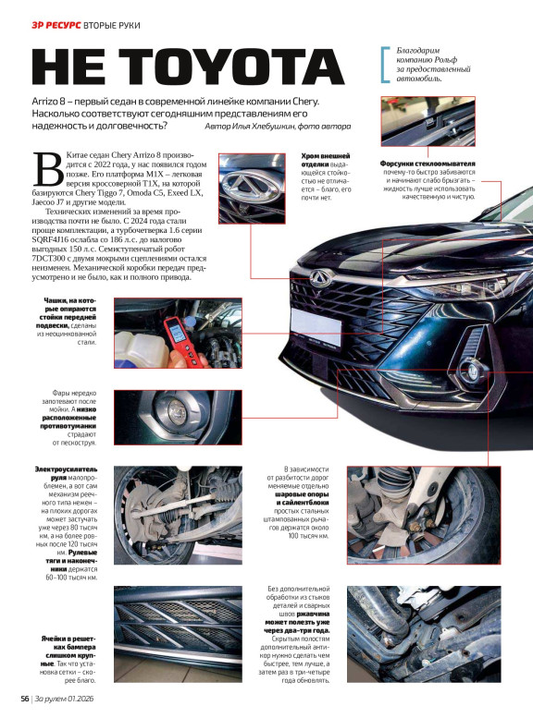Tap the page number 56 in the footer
[x=25, y=699]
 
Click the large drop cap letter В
[x=48, y=168]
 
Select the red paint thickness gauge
[x=181, y=340]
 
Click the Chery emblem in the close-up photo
[x=250, y=185]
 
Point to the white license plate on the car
[x=316, y=326]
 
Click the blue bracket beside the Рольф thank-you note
[x=385, y=64]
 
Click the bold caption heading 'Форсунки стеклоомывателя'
[x=428, y=164]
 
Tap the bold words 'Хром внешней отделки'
[x=324, y=160]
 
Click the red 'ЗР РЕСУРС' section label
[x=56, y=25]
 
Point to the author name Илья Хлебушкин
[x=260, y=127]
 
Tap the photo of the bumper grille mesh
[x=178, y=634]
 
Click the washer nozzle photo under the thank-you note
[x=428, y=121]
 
